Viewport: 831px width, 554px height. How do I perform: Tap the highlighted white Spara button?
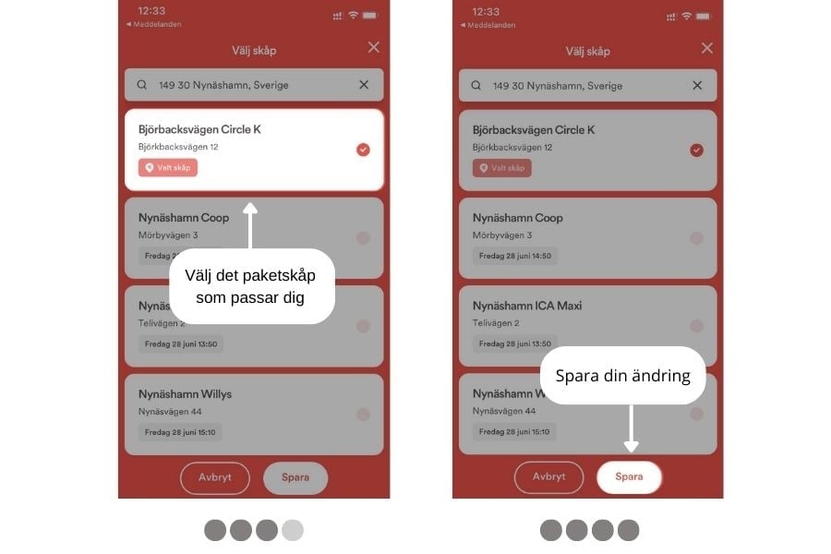coord(629,477)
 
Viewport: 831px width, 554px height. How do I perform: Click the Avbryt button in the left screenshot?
coord(214,477)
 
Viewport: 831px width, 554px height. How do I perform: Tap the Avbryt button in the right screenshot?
coord(548,477)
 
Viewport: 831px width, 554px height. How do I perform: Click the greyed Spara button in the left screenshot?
coord(295,477)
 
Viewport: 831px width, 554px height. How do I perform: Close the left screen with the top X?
coord(374,47)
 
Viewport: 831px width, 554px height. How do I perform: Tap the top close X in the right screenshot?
coord(707,48)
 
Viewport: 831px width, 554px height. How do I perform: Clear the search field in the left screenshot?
coord(364,85)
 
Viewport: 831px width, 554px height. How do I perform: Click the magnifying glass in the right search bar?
coord(476,85)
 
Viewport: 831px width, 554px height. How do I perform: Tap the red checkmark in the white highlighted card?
coord(363,150)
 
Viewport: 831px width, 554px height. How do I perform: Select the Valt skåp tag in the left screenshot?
coord(168,167)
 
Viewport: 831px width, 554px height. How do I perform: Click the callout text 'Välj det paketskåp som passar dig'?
coord(250,286)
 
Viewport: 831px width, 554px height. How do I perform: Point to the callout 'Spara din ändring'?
coord(622,376)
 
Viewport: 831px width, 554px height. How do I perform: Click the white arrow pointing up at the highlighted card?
coord(250,225)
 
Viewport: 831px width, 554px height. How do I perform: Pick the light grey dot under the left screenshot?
coord(293,530)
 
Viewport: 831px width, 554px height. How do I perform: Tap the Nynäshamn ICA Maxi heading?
coord(527,306)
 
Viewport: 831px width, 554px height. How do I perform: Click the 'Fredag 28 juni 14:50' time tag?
coord(514,256)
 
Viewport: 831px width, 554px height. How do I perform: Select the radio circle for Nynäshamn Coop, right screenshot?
coord(696,238)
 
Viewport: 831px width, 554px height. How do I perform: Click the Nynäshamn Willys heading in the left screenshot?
coord(185,394)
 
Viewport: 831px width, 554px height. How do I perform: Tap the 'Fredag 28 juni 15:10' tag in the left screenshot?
coord(180,433)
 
